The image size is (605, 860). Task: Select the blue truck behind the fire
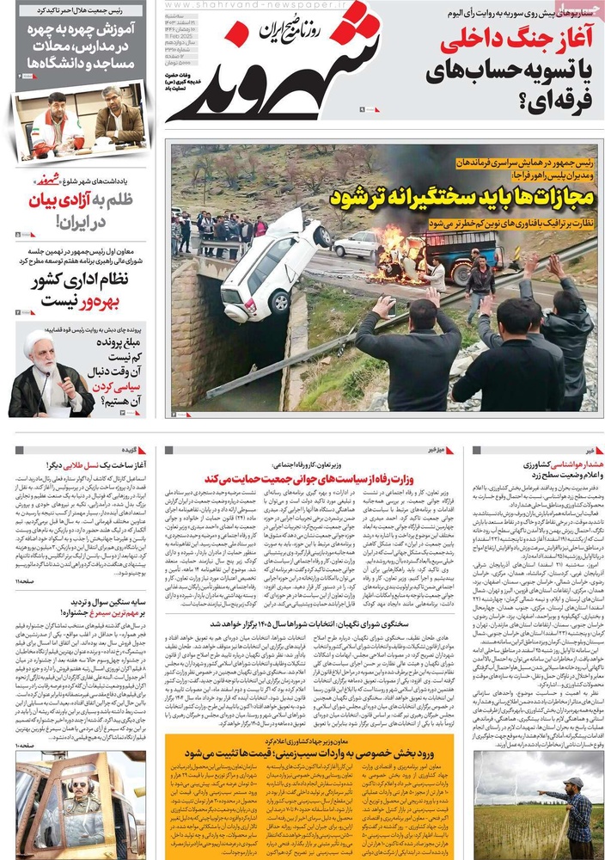pos(447,249)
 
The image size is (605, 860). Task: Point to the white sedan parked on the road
pos(355,244)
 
